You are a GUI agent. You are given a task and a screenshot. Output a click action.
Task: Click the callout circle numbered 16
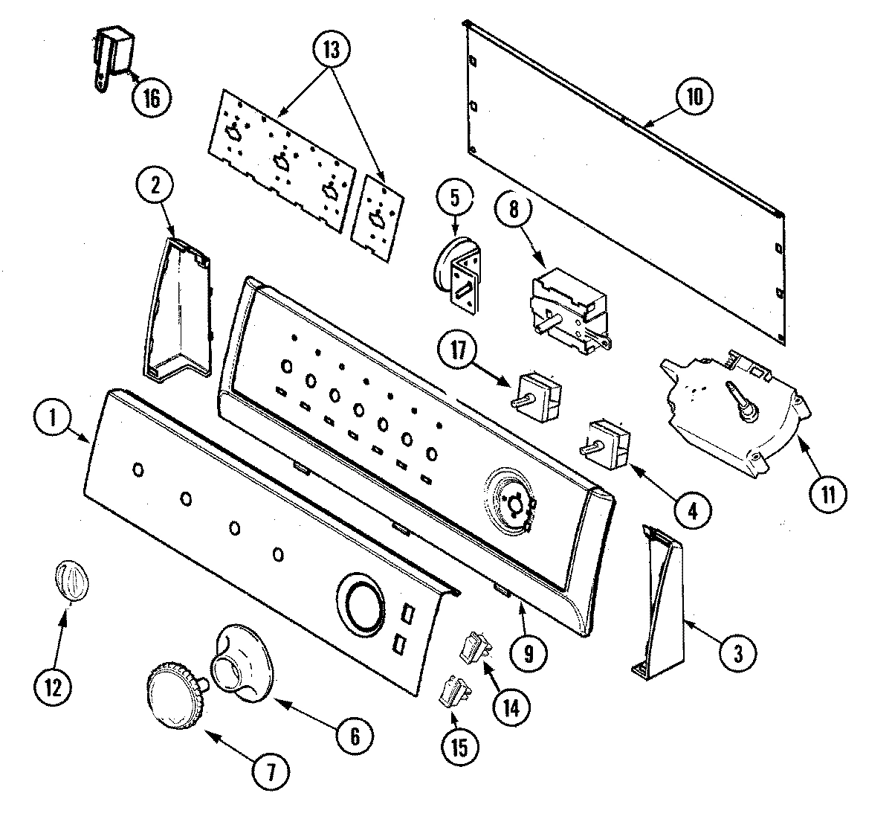[x=151, y=98]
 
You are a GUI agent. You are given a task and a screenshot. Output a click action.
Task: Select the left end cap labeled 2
[x=175, y=309]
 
